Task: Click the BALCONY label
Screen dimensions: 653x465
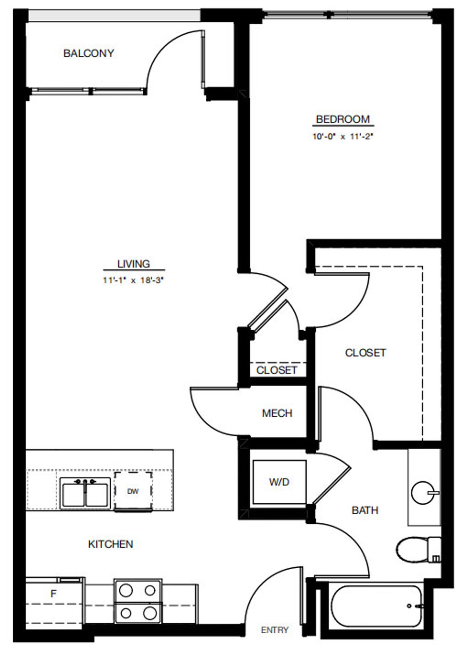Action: (88, 53)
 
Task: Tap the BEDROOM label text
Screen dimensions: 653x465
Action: (343, 119)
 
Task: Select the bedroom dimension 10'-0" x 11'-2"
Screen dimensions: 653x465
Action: (343, 137)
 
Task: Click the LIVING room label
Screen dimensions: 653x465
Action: (134, 264)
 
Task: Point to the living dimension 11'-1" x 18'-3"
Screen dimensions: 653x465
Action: (134, 281)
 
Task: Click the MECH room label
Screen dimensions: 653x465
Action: (277, 413)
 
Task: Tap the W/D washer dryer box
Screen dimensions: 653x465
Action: (279, 482)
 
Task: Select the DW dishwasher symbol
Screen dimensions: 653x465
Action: (133, 491)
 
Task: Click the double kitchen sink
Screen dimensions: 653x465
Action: (85, 493)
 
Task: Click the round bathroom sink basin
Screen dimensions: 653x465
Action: (423, 492)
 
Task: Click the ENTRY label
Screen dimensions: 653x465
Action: (274, 630)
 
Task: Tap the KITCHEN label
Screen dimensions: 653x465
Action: (110, 544)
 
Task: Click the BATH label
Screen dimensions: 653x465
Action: (365, 510)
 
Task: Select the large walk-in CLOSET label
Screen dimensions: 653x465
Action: (365, 353)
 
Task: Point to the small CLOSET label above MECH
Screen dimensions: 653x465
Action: (277, 370)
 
